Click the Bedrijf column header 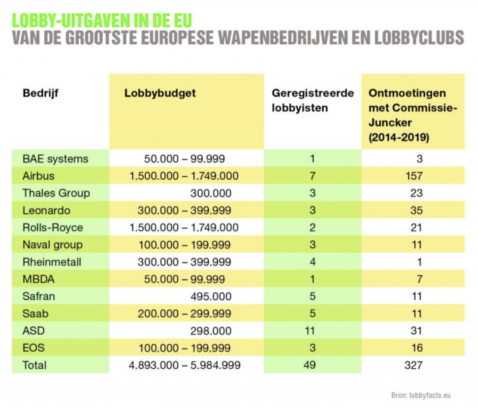40,94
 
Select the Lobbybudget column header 160,94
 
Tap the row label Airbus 38,176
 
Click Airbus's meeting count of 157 414,176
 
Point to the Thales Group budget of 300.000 211,193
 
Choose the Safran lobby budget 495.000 211,297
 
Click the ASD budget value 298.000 211,331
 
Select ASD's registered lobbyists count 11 310,331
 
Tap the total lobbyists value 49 310,365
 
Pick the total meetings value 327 414,365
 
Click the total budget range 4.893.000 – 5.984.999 184,365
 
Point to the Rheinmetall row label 52,262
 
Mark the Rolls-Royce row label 53,228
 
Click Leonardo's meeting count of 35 416,211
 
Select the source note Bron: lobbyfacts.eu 421,395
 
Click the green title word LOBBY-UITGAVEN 71,21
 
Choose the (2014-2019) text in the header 399,138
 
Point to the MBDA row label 38,279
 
